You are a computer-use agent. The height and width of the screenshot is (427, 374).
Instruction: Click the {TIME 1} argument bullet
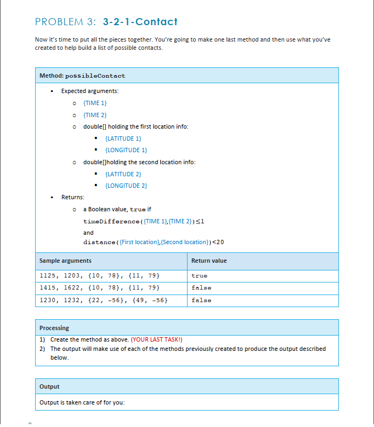point(95,103)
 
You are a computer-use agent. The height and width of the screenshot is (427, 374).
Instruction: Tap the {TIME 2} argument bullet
point(95,115)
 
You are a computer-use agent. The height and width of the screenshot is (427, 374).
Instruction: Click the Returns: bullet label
point(72,198)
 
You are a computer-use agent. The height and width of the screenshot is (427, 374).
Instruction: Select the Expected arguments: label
point(89,91)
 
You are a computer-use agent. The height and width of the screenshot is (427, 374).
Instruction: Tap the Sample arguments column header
point(65,261)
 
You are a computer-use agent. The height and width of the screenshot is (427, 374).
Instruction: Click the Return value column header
point(209,261)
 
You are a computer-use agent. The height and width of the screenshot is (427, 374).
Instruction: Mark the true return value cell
point(200,275)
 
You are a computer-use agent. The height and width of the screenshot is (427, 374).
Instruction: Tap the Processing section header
point(54,328)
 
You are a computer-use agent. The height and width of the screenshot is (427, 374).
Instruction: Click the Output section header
point(49,386)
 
